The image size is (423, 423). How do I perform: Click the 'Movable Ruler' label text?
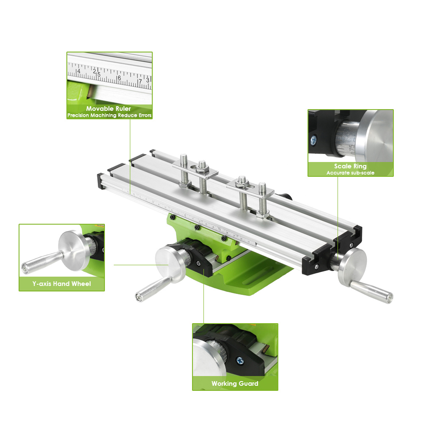click(109, 109)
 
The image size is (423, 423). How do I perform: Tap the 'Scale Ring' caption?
click(350, 166)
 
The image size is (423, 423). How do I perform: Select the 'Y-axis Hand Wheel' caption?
click(61, 284)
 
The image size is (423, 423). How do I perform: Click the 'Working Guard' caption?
click(235, 384)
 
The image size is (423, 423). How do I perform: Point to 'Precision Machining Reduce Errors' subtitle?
click(109, 115)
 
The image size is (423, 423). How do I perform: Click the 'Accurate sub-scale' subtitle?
click(350, 173)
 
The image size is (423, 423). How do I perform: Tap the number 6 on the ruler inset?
click(119, 78)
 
